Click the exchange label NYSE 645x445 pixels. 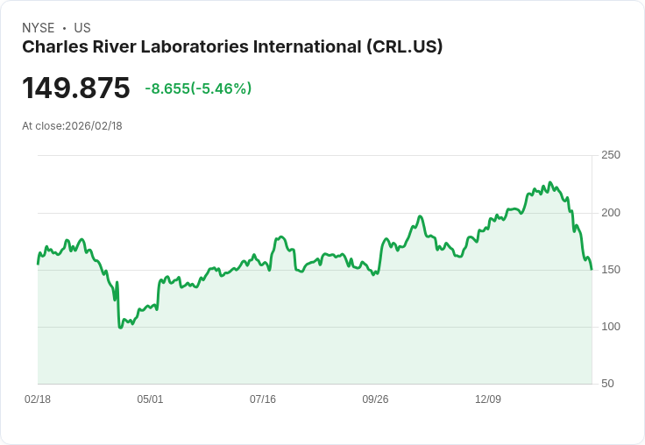click(x=38, y=28)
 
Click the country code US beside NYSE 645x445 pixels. click(x=82, y=28)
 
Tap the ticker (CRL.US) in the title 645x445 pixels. click(x=404, y=47)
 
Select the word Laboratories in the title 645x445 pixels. click(x=202, y=47)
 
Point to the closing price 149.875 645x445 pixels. click(x=76, y=88)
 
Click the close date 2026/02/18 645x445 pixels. click(x=94, y=126)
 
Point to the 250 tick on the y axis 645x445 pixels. click(x=611, y=155)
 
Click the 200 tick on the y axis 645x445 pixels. click(x=611, y=213)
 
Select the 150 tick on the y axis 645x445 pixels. click(x=611, y=270)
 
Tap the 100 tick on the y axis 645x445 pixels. click(x=611, y=327)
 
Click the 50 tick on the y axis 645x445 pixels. click(x=607, y=384)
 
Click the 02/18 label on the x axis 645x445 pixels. click(x=38, y=399)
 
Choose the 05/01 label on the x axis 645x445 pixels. click(x=150, y=399)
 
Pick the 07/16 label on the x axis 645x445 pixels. click(x=263, y=399)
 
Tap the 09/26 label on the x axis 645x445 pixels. click(x=375, y=399)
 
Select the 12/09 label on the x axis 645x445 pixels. click(x=488, y=399)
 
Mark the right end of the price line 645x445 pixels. click(x=592, y=269)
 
